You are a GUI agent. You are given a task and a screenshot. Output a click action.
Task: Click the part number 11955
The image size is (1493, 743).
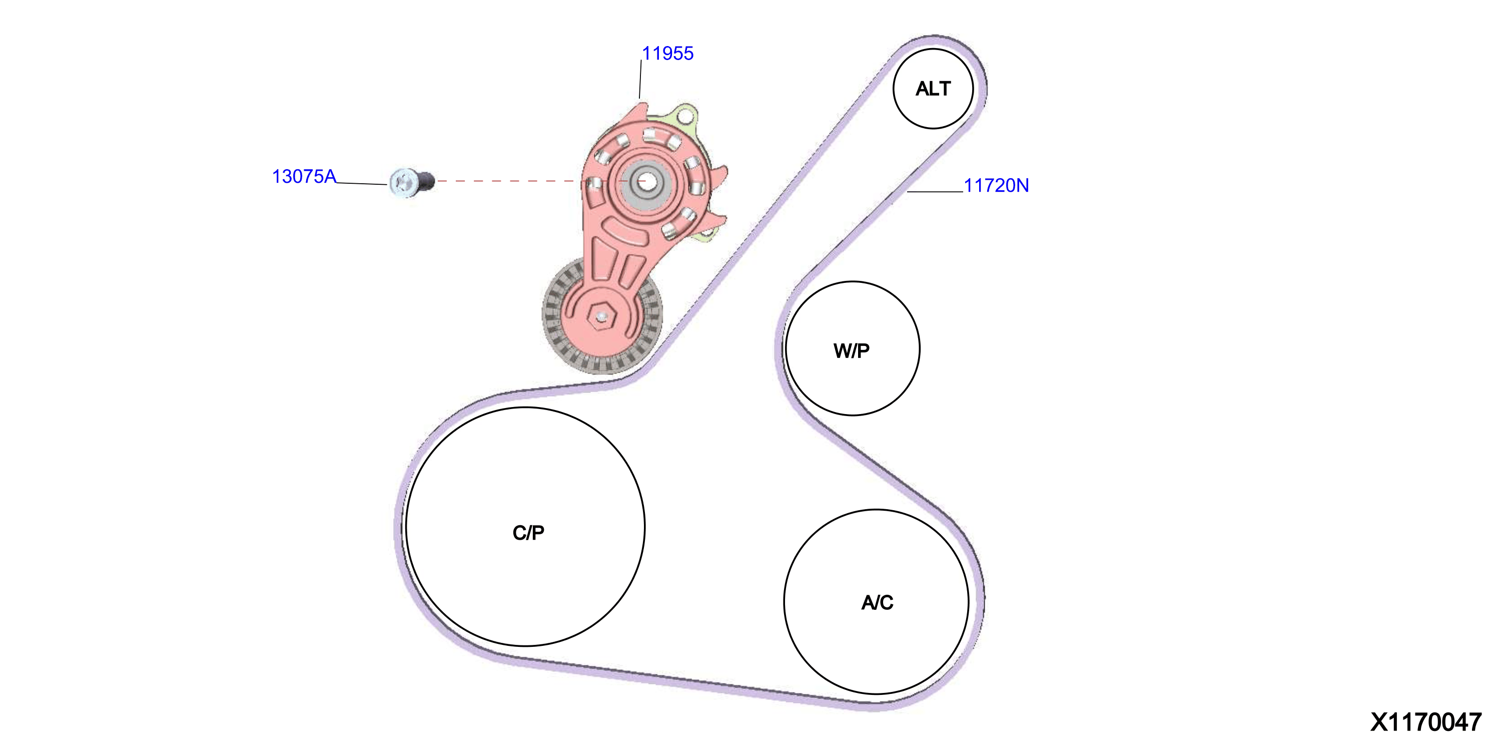667,54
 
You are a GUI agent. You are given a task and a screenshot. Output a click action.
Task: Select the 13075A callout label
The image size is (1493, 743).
304,176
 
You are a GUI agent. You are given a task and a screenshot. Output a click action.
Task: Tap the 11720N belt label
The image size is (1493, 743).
996,186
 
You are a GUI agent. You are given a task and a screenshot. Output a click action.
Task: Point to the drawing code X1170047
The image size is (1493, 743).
1426,722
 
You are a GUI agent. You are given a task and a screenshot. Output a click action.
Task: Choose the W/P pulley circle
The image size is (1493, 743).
853,282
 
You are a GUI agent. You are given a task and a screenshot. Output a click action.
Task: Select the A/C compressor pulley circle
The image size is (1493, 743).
876,510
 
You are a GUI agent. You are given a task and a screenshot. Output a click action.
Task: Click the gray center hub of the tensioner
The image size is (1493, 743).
648,182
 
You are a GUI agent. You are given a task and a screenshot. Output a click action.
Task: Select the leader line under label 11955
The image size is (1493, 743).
640,80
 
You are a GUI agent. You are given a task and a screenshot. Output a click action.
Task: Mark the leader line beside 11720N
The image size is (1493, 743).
935,191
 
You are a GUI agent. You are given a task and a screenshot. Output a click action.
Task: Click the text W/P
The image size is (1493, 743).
852,351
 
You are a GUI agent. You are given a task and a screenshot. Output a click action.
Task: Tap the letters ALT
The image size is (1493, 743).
933,89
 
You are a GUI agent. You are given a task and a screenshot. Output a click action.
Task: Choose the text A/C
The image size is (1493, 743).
877,603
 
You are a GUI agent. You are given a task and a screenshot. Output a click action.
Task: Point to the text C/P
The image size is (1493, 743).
528,532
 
